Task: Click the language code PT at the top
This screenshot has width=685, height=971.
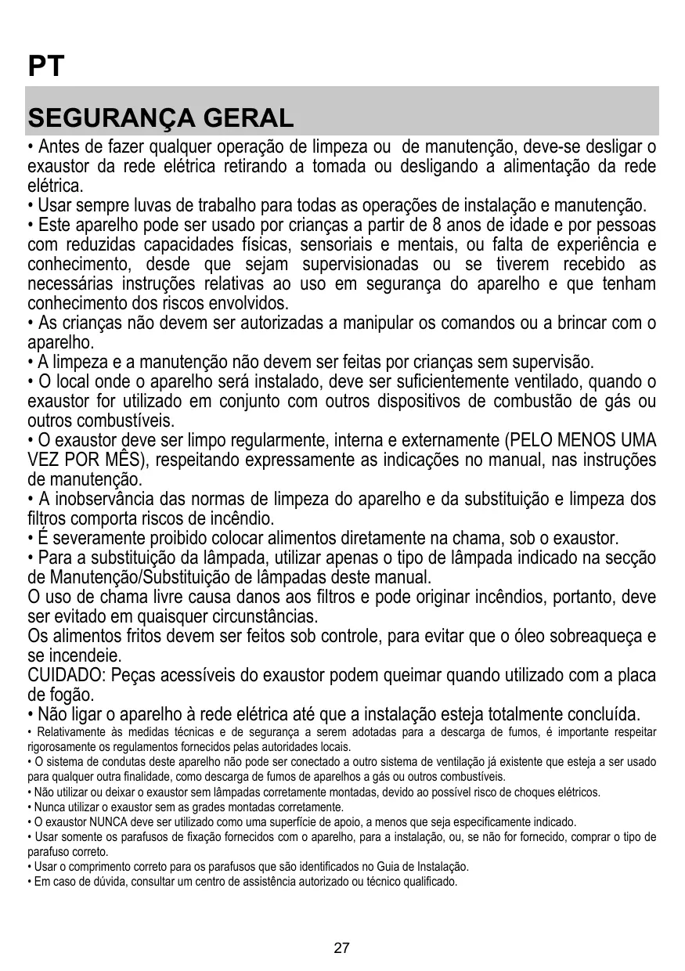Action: click(45, 67)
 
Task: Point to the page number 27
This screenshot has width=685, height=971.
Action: click(341, 948)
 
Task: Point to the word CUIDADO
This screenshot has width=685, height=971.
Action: click(67, 675)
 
